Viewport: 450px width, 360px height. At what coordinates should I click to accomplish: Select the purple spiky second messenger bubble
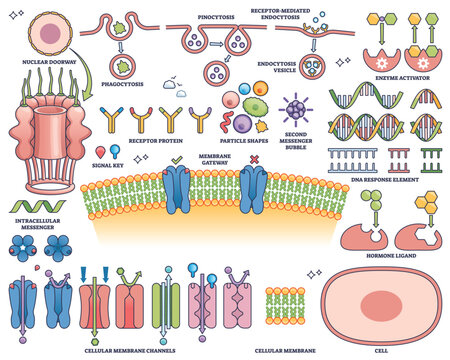[297, 107]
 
